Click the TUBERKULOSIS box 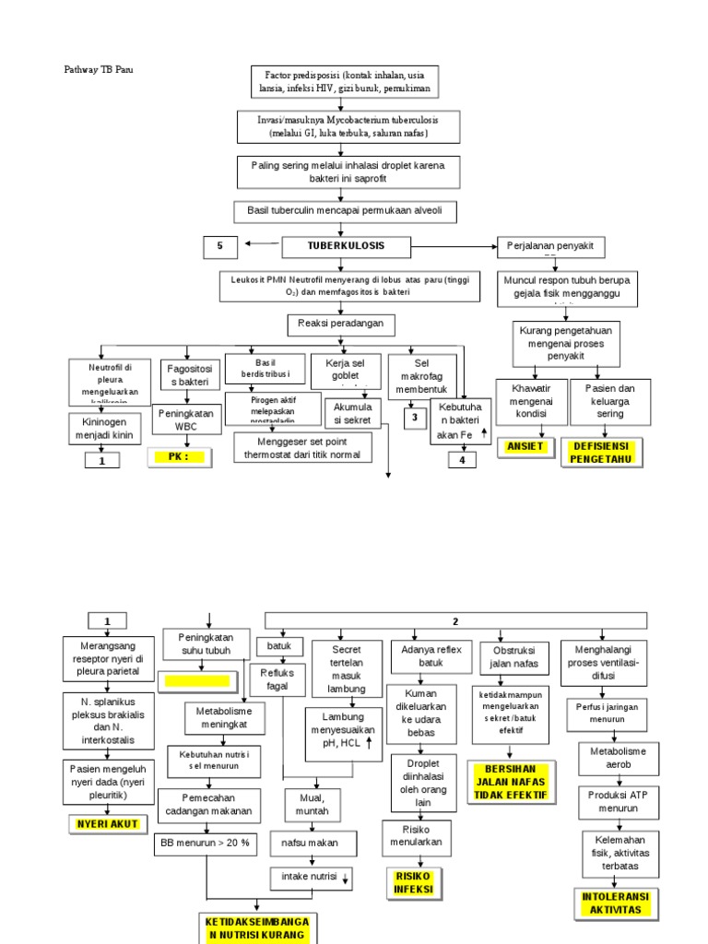coord(347,246)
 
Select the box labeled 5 coord(220,246)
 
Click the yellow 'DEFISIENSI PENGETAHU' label coord(602,453)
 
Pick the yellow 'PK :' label coord(180,456)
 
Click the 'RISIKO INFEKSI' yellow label coord(413,882)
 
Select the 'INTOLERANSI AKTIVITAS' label coord(617,903)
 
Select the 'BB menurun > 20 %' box coord(206,843)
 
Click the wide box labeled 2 coord(456,620)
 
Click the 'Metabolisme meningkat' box coord(224,718)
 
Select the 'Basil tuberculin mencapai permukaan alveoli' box coord(344,211)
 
